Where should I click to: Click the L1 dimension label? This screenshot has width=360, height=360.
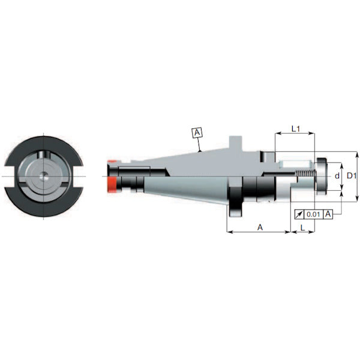coord(295,128)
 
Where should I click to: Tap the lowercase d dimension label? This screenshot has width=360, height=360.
coord(337,176)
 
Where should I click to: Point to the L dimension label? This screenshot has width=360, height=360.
coord(301,229)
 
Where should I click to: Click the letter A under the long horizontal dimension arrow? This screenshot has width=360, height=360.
coord(259,227)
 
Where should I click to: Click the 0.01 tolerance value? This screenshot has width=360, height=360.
coord(313,214)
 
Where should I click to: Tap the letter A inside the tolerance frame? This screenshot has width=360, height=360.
coord(328,214)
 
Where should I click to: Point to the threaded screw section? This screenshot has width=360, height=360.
coord(304,176)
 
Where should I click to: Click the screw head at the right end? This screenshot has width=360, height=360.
coord(324,176)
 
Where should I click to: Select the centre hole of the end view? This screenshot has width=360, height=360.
coord(44,176)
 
